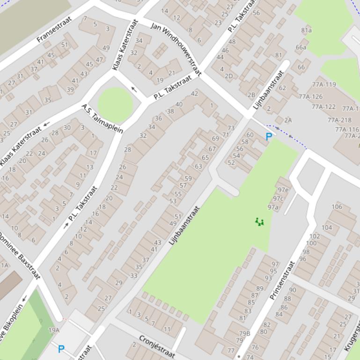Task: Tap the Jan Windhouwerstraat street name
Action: (176, 48)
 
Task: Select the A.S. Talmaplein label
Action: (102, 119)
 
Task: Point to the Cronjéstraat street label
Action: (157, 346)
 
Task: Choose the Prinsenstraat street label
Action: (283, 280)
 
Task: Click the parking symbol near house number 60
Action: (269, 137)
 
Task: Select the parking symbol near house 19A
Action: (61, 349)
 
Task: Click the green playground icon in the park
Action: (259, 222)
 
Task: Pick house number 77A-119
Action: (324, 85)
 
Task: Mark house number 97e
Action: (283, 190)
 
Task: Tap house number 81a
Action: (306, 30)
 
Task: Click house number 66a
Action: (301, 47)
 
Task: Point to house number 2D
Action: (228, 76)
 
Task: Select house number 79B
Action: (245, 333)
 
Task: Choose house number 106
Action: (337, 207)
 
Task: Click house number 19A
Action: (54, 330)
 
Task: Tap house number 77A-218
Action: (339, 120)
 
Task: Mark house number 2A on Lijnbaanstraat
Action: (287, 120)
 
